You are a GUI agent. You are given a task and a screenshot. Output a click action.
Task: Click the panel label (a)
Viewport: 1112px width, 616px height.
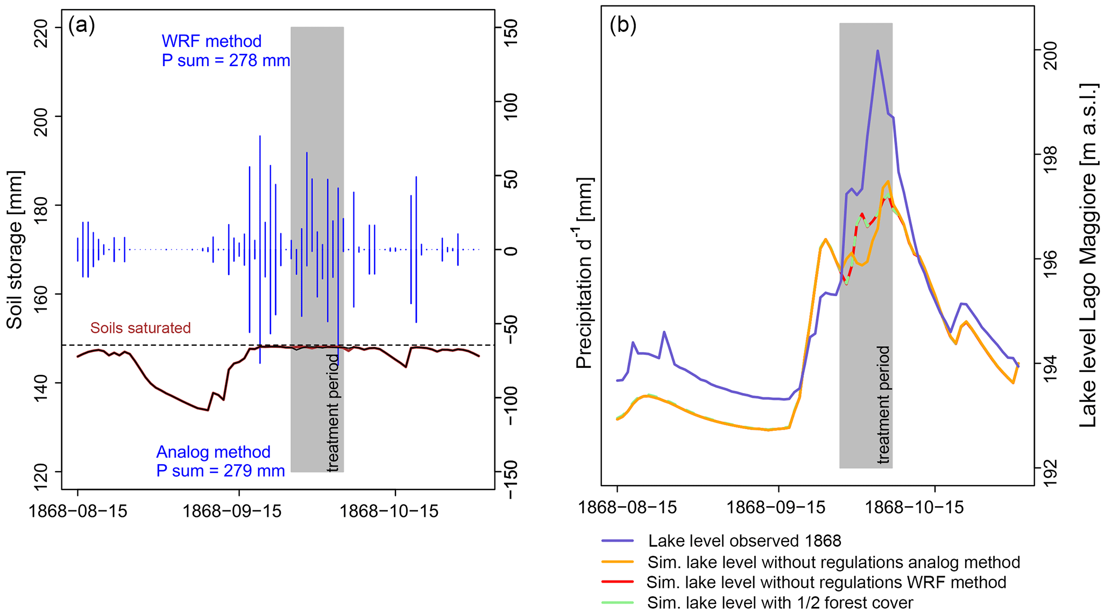[x=81, y=26]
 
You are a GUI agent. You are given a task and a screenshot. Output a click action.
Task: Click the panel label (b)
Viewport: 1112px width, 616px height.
[x=622, y=25]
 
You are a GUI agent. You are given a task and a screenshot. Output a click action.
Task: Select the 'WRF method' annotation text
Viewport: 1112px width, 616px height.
[x=211, y=41]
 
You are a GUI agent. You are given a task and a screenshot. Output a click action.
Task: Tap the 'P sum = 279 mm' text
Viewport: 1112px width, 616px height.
[x=221, y=471]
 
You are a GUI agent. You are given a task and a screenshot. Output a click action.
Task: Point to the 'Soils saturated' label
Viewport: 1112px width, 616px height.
[x=140, y=328]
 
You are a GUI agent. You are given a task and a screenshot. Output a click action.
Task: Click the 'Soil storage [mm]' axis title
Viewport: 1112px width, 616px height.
[x=15, y=250]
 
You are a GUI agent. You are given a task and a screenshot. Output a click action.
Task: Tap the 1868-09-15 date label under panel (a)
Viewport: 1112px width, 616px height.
[x=232, y=510]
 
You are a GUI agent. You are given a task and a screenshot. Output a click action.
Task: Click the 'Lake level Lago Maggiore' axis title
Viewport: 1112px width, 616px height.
[x=1088, y=256]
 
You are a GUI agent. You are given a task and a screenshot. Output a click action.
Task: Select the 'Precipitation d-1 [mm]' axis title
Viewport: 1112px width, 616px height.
[x=585, y=272]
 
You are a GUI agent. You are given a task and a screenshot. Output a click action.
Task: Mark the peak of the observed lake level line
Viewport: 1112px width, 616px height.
[x=877, y=51]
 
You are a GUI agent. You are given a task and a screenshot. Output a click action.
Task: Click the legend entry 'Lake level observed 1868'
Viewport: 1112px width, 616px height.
[x=745, y=541]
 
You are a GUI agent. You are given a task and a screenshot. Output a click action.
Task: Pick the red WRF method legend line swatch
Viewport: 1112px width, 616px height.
[x=618, y=582]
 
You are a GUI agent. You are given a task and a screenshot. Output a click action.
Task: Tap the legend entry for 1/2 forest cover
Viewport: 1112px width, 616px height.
[x=780, y=603]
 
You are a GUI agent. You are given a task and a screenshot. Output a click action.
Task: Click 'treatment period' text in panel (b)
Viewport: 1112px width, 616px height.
[x=883, y=404]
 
